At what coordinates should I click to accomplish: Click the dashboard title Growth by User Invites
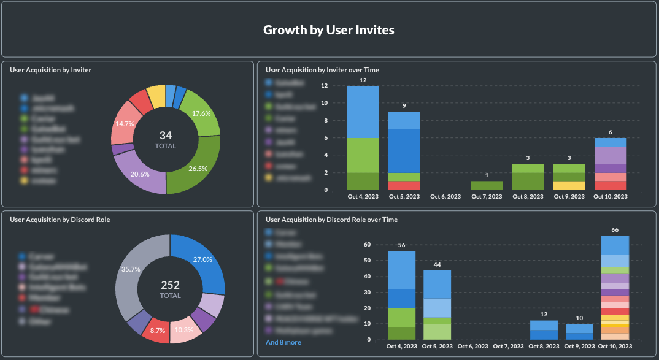pyautogui.click(x=329, y=29)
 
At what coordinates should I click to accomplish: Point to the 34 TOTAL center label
pyautogui.click(x=166, y=139)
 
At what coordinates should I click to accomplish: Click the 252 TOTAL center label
pyautogui.click(x=170, y=289)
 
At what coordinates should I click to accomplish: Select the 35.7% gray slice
pyautogui.click(x=131, y=269)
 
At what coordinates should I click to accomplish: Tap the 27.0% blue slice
pyautogui.click(x=202, y=260)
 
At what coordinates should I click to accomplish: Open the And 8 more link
pyautogui.click(x=283, y=342)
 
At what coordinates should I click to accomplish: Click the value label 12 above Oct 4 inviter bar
pyautogui.click(x=363, y=80)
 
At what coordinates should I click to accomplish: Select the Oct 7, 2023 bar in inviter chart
pyautogui.click(x=487, y=185)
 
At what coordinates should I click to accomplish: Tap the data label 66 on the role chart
pyautogui.click(x=615, y=230)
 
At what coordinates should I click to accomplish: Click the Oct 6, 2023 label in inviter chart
pyautogui.click(x=445, y=197)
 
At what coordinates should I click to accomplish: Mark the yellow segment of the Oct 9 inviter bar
pyautogui.click(x=569, y=185)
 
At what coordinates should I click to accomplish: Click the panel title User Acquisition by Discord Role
pyautogui.click(x=60, y=220)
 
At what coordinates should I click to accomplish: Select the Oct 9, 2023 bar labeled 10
pyautogui.click(x=579, y=332)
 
